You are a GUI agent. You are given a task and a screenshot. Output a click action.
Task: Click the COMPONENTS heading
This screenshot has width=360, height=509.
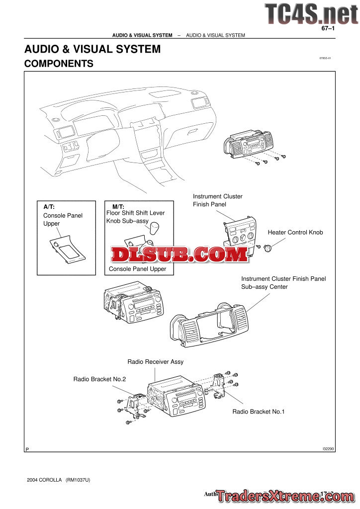59,64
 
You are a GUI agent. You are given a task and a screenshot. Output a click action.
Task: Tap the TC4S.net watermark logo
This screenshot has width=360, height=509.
311,13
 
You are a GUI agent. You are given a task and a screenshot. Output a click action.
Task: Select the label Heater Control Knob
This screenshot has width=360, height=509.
295,232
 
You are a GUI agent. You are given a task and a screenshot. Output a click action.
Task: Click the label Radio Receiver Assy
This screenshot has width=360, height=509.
155,361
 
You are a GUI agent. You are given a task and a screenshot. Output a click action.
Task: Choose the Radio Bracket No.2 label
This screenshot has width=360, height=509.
99,379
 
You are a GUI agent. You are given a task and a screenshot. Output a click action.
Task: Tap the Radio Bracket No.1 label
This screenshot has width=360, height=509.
258,412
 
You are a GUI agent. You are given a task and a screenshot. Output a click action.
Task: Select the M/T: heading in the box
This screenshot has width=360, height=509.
118,206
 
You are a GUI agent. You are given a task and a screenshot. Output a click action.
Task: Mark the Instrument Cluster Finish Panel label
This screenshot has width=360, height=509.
217,200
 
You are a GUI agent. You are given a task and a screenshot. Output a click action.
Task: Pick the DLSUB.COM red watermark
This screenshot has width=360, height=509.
180,255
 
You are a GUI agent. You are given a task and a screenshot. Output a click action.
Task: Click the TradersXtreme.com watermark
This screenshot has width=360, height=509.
284,496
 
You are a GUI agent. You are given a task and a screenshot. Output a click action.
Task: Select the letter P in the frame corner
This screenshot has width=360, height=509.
27,449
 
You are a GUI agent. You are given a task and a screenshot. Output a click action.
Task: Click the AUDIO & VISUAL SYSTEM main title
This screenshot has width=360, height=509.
92,49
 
